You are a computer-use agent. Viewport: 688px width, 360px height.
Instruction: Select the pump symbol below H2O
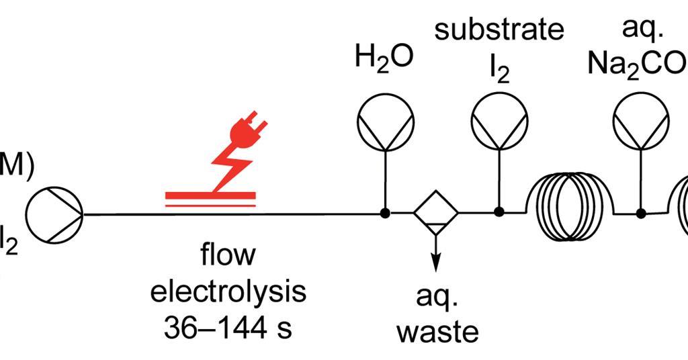click(384, 122)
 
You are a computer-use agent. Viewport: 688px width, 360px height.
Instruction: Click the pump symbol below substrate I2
click(499, 122)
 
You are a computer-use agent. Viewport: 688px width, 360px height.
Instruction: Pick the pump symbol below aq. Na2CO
click(641, 122)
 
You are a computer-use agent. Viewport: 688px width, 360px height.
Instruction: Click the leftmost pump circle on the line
click(54, 214)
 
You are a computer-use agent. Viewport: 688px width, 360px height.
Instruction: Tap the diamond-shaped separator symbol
click(435, 214)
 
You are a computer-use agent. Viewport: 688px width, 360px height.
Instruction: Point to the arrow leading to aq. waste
click(435, 259)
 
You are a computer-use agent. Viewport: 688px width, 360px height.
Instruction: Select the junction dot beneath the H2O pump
click(384, 214)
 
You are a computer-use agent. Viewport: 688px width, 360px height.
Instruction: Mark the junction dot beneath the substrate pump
click(499, 212)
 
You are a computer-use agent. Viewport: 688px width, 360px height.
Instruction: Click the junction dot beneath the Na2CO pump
click(641, 214)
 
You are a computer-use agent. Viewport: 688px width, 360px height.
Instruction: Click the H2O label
click(384, 58)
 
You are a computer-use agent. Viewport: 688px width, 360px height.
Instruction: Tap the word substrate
click(499, 30)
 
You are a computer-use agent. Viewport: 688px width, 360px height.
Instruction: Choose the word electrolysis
click(228, 292)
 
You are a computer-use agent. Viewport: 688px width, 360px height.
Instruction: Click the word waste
click(437, 331)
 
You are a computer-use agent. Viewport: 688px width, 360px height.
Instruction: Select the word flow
click(228, 256)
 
